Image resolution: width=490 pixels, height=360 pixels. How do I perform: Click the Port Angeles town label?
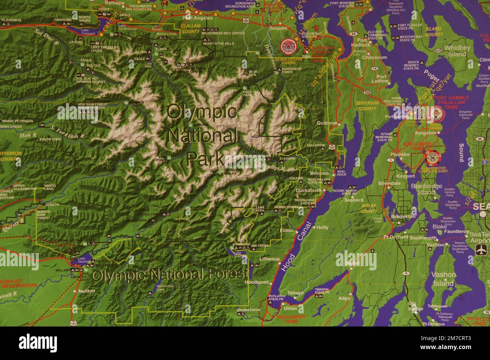coord(198,18)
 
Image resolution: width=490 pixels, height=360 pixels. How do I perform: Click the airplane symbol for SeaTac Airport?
coord(481,249)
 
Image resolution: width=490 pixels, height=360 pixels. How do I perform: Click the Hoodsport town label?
coord(256,282)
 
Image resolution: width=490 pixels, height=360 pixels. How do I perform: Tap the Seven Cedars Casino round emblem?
coord(289,46)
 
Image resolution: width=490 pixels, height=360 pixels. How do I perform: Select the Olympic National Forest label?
coord(170,275)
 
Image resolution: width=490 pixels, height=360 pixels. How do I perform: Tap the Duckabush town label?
coord(308,191)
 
